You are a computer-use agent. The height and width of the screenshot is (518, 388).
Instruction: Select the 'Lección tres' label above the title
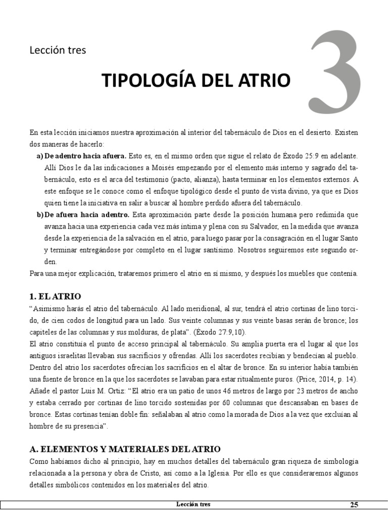coord(58,50)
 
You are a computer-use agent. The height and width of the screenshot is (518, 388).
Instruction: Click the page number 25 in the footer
coord(354,504)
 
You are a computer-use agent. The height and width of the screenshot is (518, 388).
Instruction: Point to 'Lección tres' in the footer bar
coord(193,504)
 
